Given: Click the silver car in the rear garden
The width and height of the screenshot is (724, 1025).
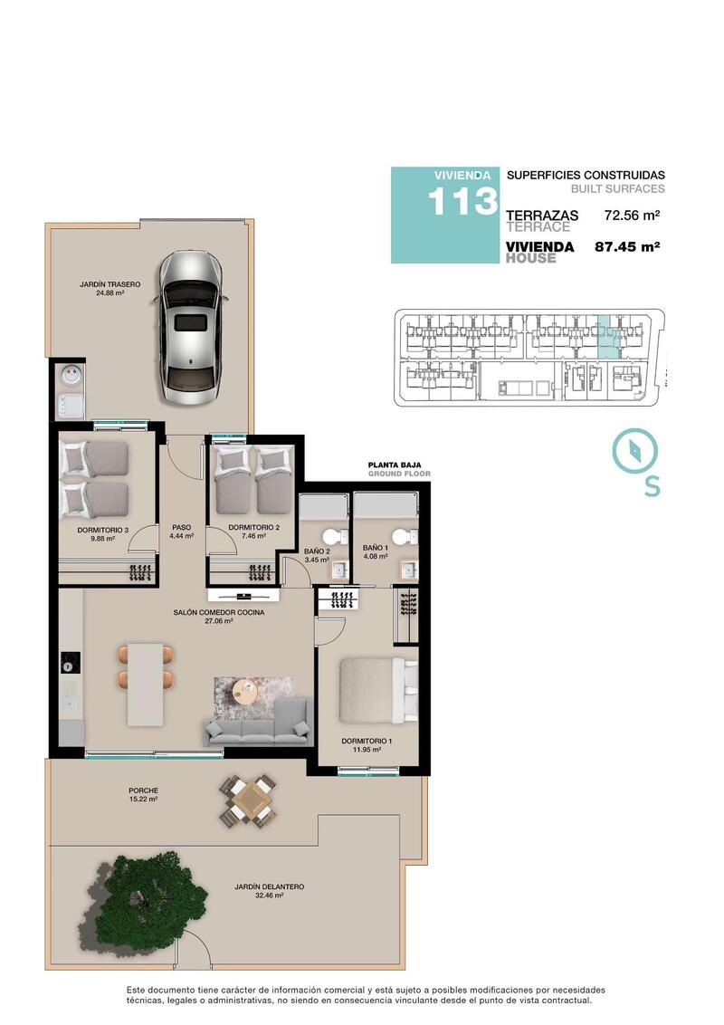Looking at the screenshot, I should [x=189, y=328].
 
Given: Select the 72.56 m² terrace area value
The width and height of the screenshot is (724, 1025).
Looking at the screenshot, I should [x=632, y=216].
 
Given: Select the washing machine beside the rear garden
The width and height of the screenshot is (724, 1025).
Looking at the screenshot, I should [x=70, y=376].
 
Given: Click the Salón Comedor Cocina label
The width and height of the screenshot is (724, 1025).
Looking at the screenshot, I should [x=218, y=617].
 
